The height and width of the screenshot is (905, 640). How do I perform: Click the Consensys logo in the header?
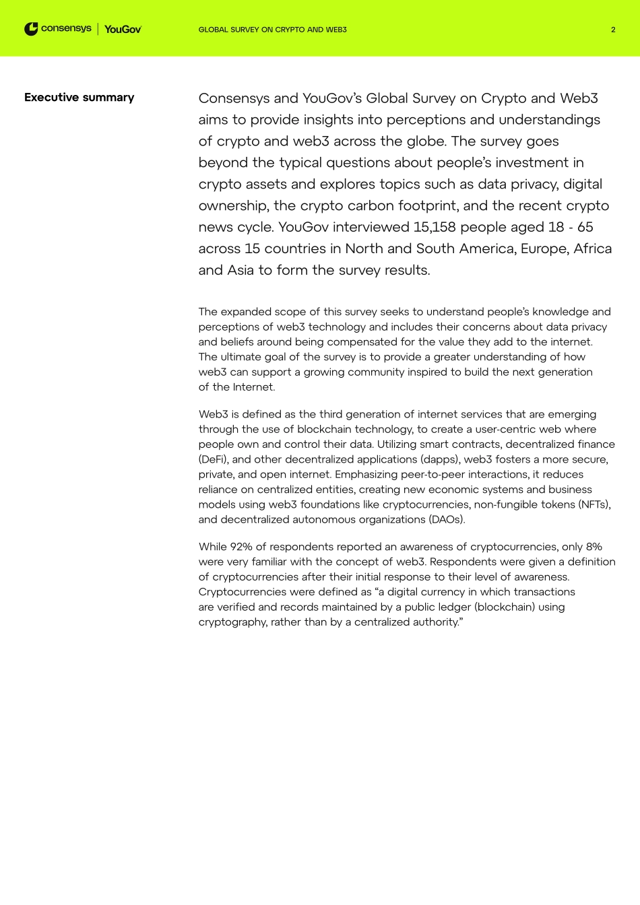pos(58,29)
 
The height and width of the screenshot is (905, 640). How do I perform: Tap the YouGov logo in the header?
pos(123,30)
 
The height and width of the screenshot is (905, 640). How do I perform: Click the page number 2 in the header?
pos(613,30)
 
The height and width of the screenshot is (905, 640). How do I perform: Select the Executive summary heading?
pos(79,98)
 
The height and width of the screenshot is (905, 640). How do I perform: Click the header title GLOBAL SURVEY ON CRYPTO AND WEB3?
pos(272,30)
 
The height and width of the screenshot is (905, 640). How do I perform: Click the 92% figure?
pos(241,547)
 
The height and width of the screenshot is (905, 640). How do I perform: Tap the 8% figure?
pos(594,547)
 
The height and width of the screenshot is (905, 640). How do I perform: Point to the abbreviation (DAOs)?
pos(445,519)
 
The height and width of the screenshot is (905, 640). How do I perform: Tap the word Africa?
pos(592,249)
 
